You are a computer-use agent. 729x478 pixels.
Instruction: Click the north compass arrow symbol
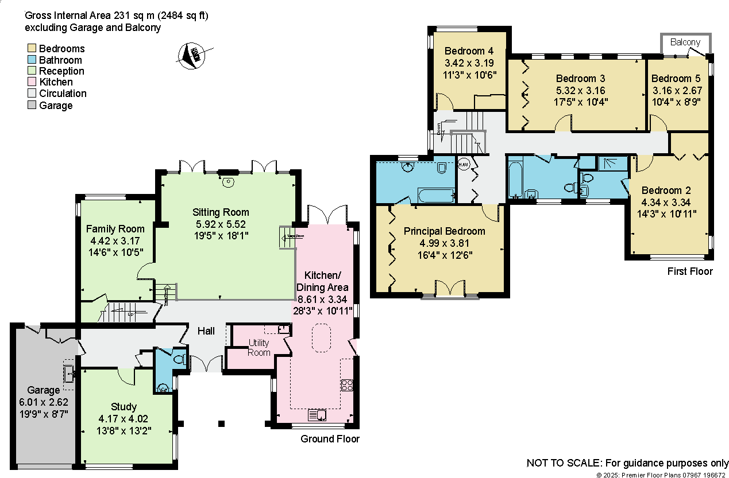coord(194,56)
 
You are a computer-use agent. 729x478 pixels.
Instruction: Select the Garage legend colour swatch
coord(31,105)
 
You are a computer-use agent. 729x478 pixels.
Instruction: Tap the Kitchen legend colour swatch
coord(31,82)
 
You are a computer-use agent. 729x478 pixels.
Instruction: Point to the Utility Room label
coord(259,348)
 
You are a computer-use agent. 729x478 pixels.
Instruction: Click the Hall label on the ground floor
coord(206,331)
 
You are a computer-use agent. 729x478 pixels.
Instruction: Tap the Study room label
coord(124,407)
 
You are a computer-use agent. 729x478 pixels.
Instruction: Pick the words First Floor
coord(689,271)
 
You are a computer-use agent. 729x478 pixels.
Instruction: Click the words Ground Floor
coord(330,439)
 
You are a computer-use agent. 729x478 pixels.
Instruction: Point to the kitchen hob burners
coord(347,384)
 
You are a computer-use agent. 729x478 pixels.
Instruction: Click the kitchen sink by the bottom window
coord(318,415)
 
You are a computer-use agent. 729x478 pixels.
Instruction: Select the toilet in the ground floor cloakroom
coord(179,360)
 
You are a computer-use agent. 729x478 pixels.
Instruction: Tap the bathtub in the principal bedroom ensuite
coord(435,196)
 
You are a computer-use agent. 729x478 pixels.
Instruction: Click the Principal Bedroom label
coord(444,231)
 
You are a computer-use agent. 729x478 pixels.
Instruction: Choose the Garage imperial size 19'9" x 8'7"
coord(44,413)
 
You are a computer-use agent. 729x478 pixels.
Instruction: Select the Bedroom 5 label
coord(679,78)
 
